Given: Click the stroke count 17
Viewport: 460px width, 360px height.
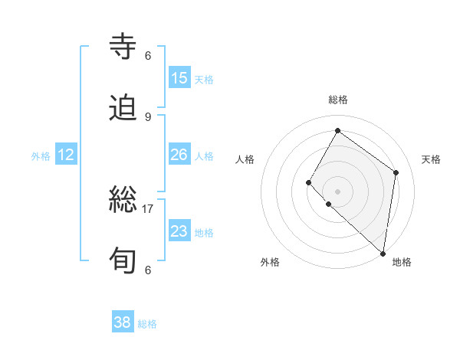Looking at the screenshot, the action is (148, 208).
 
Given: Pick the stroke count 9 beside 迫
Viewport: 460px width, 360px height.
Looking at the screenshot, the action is (148, 116).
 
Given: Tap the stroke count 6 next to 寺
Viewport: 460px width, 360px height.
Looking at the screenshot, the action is (148, 55).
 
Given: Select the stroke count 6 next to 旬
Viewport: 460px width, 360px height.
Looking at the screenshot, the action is (148, 270).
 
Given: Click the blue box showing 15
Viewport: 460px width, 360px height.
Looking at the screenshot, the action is (179, 78).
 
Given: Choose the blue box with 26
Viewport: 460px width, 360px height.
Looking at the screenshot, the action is (179, 155).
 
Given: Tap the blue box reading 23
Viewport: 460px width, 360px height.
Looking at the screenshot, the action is (179, 231).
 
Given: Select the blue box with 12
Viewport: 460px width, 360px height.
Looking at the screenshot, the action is (66, 155).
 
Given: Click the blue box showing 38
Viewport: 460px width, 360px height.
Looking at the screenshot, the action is (123, 322).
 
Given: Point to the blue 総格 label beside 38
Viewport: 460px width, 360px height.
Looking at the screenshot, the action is (147, 324).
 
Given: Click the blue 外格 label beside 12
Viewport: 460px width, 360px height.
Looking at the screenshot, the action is (41, 156).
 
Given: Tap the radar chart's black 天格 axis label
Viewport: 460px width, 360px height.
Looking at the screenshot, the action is (431, 159).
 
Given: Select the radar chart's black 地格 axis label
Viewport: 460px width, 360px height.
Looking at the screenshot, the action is (402, 262).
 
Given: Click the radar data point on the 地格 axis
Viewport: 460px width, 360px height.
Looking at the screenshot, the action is (383, 253).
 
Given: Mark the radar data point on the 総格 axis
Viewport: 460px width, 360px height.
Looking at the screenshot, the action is (337, 131).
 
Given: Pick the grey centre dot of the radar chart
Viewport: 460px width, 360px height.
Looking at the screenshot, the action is (337, 191).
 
